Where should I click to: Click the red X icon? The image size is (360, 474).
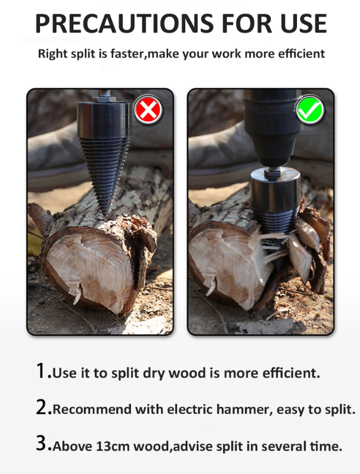[x=148, y=110]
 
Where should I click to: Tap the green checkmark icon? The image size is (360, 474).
[x=310, y=110]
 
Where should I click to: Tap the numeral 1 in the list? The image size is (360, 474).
[x=41, y=371]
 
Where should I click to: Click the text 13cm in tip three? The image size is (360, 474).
[x=113, y=446]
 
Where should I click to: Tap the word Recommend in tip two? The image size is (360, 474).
[x=92, y=409]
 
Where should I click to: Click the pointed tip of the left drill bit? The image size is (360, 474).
[x=106, y=215]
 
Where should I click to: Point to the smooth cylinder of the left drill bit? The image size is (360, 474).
[x=105, y=119]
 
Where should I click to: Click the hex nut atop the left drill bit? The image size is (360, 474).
[x=104, y=98]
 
